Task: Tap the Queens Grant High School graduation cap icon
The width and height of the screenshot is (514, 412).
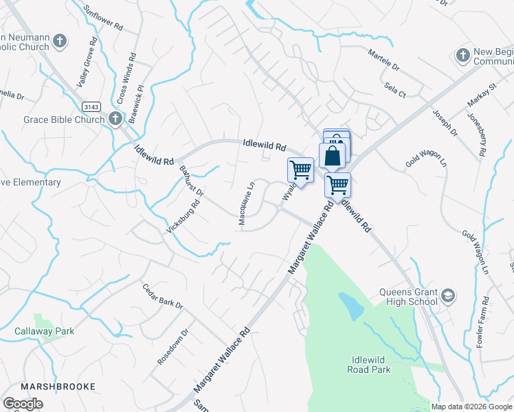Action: (448, 296)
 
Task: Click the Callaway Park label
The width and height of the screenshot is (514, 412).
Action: (45, 331)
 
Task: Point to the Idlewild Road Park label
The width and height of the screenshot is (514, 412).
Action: (361, 365)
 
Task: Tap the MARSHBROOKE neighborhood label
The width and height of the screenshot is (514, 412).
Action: (58, 387)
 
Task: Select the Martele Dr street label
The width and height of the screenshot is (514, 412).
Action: (383, 61)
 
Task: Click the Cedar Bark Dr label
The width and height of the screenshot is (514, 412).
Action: (163, 295)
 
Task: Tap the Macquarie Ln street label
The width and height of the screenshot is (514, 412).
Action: (247, 203)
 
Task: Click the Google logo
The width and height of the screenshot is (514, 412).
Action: (23, 404)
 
